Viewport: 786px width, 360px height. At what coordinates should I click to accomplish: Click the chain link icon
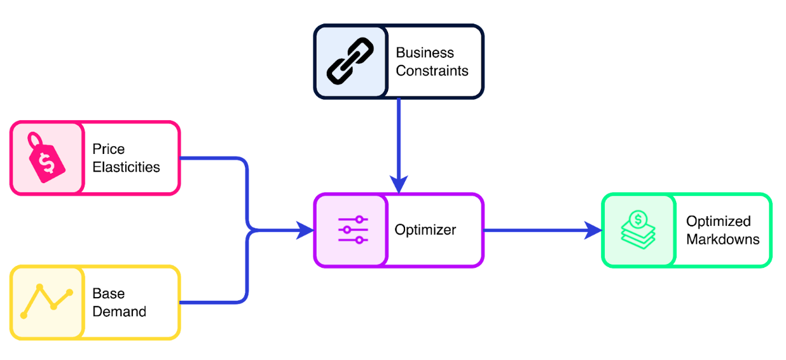350,62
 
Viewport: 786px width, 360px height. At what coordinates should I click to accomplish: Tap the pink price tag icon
46,158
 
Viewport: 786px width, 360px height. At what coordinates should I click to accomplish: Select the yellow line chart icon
46,301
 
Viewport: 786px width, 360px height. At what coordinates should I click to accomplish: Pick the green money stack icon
638,230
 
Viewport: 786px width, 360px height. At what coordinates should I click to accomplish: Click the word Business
425,53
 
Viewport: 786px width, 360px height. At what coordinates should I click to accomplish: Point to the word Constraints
432,71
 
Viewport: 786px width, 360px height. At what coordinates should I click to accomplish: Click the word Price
108,149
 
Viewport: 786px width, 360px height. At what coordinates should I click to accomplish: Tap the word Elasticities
126,167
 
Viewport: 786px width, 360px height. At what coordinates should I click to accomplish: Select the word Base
108,293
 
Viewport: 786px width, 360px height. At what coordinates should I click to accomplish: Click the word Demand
119,312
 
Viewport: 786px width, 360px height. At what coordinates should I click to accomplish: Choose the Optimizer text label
425,230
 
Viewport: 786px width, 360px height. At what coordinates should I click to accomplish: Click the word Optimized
718,221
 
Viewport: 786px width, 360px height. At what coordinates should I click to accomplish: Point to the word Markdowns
722,240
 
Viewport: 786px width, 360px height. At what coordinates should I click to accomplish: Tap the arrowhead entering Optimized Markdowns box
594,230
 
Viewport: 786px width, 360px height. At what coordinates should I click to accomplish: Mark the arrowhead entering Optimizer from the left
306,230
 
